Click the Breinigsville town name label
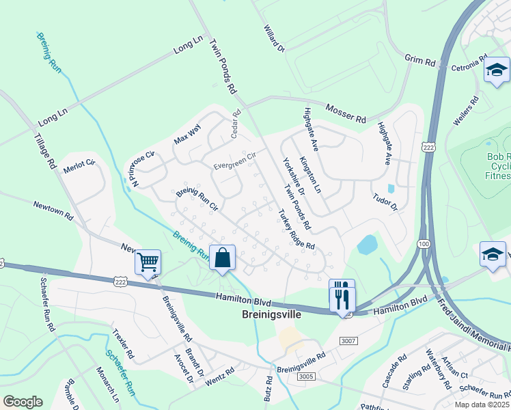click(x=271, y=316)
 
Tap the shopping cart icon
click(x=148, y=261)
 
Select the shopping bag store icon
click(x=222, y=258)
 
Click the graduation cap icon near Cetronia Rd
click(x=497, y=70)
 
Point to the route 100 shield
click(x=424, y=244)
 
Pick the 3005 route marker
click(x=305, y=376)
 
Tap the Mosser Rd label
click(x=346, y=113)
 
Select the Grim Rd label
click(x=419, y=61)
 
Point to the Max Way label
click(x=187, y=135)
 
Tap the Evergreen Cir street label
click(x=234, y=160)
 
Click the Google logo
click(x=23, y=402)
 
